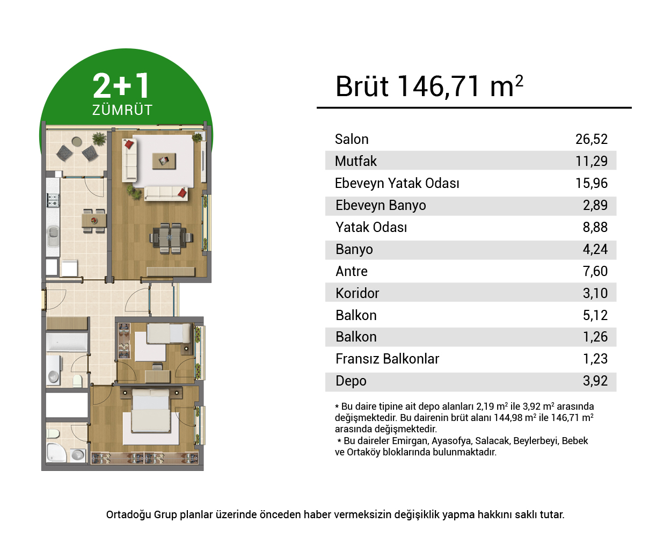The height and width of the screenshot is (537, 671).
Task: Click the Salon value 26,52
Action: (591, 139)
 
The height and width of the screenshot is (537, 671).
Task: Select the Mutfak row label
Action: (355, 161)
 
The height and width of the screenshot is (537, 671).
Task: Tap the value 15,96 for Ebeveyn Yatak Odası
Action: (591, 183)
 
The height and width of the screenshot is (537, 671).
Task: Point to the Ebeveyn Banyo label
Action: (381, 205)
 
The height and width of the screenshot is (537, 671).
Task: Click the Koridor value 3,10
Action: (595, 293)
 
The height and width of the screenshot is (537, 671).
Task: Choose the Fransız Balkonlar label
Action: (387, 359)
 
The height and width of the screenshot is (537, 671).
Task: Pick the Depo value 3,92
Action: (595, 381)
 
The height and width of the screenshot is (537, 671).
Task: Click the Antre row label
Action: (352, 272)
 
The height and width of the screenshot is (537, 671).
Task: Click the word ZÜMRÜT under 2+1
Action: (122, 110)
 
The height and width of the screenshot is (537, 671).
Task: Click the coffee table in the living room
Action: (164, 161)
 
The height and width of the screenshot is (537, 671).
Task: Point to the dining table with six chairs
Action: (170, 238)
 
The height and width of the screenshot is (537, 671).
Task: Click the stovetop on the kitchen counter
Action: (53, 200)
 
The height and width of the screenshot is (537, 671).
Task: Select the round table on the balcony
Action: (77, 142)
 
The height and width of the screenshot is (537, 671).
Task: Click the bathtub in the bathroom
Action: (67, 342)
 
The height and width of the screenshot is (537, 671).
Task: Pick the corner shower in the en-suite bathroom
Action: (56, 452)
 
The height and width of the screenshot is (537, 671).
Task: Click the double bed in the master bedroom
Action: (151, 410)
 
